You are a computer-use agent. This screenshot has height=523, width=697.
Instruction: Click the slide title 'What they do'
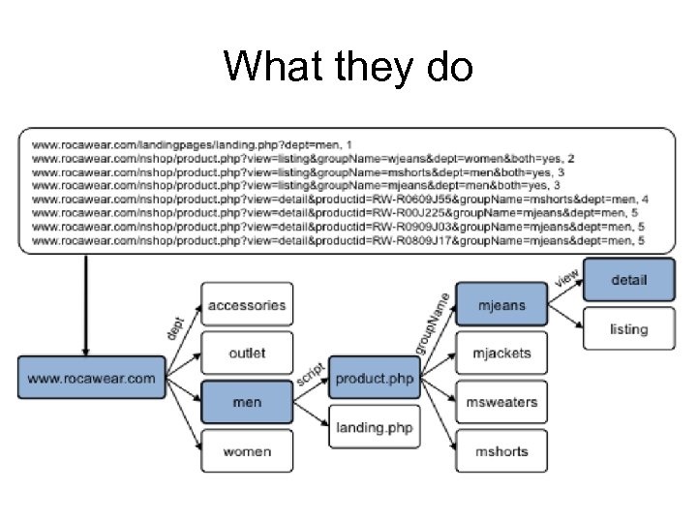coord(348,67)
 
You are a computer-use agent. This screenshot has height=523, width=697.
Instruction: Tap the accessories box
coord(246,305)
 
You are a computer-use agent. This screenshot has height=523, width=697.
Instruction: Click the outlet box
coord(246,354)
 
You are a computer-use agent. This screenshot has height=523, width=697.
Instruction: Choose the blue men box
coord(246,402)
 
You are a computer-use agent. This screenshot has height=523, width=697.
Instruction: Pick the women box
coord(246,451)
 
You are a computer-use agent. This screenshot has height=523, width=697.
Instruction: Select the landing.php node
coord(374,427)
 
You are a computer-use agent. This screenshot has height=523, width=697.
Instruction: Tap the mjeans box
coord(501,305)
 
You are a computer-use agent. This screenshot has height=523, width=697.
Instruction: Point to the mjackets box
coord(501,354)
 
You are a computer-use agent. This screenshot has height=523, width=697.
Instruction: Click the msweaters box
coord(501,402)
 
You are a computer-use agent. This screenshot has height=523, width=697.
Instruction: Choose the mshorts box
coord(501,451)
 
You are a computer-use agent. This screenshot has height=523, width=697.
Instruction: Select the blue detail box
coord(628,281)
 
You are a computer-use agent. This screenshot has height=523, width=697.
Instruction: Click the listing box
coord(628,329)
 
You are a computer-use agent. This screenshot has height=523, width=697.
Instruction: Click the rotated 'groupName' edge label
coord(432,323)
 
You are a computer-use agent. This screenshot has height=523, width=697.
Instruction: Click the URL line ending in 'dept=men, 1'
coord(194,144)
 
